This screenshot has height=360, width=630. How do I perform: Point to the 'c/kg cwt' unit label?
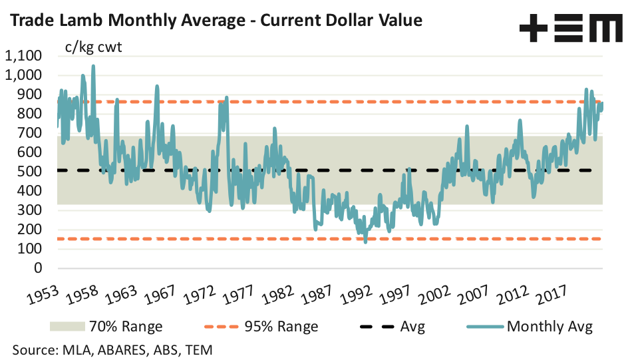click(92, 47)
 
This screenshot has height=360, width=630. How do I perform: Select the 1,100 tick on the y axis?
click(23, 56)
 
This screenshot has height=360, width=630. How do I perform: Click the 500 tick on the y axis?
click(31, 172)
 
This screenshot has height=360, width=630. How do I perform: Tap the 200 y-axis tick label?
click(31, 230)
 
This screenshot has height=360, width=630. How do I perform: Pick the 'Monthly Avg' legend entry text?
click(550, 327)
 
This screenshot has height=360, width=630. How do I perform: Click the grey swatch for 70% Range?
click(67, 327)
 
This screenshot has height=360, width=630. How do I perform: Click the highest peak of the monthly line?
click(93, 66)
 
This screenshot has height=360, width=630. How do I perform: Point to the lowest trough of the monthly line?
click(365, 242)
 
